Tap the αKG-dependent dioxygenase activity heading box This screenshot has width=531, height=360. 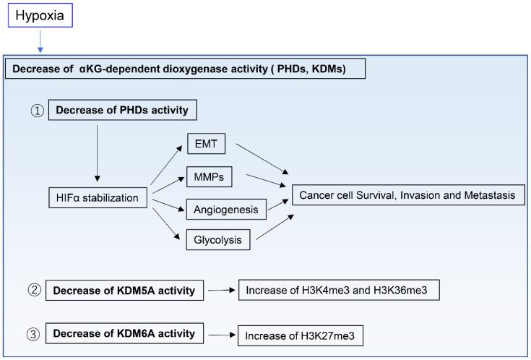[186, 69]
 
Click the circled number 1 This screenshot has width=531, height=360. [38, 111]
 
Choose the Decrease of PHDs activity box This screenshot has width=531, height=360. [122, 111]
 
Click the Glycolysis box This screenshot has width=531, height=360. [216, 239]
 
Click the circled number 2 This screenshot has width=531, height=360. [33, 291]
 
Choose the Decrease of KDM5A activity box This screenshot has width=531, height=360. [124, 291]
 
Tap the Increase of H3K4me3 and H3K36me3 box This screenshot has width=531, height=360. [338, 291]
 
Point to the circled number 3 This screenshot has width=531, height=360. [33, 334]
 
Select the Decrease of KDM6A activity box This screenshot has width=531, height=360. [124, 334]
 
